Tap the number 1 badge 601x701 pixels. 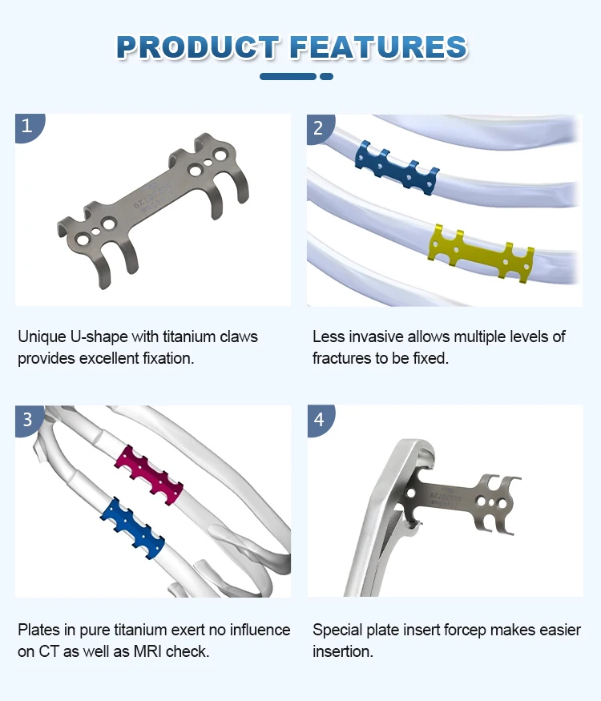click(27, 126)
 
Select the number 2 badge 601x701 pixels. click(318, 127)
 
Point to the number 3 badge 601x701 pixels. click(27, 419)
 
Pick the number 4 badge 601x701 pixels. click(319, 419)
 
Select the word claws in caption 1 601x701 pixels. click(235, 336)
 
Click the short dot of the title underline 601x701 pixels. click(326, 76)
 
